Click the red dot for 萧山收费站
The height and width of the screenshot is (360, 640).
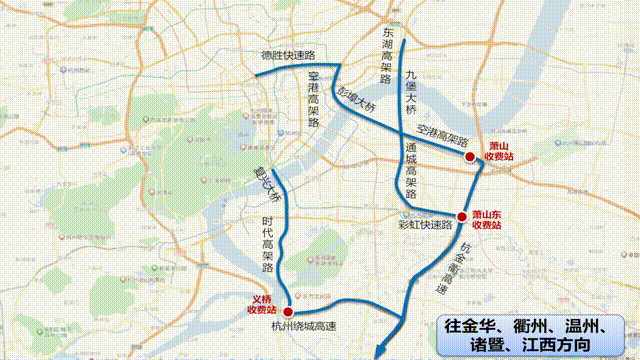[469, 156]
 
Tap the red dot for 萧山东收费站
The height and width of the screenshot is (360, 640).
[462, 217]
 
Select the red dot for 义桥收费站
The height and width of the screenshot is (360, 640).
[288, 309]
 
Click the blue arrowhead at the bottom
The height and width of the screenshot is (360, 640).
[379, 350]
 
